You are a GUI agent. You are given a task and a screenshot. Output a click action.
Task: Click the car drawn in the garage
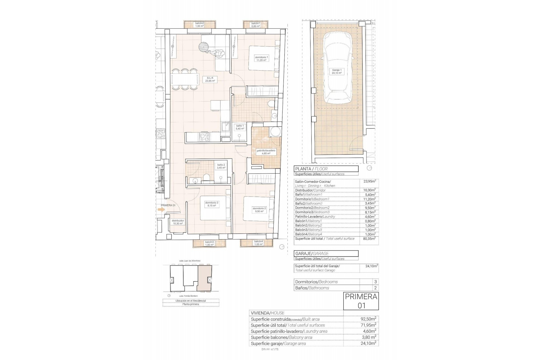(x=337, y=69)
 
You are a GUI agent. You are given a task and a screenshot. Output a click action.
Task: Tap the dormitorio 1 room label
(x=261, y=58)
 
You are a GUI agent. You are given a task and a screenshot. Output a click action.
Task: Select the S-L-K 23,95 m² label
(x=210, y=79)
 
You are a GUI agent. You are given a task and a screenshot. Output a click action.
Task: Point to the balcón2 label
(x=199, y=24)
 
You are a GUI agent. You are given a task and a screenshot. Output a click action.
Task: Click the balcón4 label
(x=258, y=243)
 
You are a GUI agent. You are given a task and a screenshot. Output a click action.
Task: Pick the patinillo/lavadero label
(x=266, y=152)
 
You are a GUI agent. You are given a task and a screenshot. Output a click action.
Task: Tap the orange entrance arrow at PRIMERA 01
(x=161, y=210)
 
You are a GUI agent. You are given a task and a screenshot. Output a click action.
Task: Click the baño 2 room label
(x=221, y=166)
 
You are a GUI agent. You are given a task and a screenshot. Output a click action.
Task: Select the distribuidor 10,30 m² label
(x=178, y=222)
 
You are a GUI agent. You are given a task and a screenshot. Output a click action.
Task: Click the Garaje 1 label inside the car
(x=337, y=71)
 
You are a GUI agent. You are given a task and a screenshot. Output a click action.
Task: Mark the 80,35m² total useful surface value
(x=369, y=238)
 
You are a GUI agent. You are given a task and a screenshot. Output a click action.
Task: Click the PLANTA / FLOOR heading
(x=311, y=169)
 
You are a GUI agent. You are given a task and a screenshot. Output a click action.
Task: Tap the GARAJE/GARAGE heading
(x=312, y=253)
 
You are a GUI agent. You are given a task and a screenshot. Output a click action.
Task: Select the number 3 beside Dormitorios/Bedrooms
(x=375, y=282)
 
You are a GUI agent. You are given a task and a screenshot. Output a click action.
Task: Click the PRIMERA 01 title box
(x=361, y=301)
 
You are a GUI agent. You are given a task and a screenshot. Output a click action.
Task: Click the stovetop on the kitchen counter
(x=204, y=137)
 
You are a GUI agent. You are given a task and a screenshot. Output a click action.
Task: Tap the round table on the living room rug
(x=204, y=47)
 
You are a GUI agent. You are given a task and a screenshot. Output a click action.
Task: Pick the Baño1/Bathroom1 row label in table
(x=309, y=195)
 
